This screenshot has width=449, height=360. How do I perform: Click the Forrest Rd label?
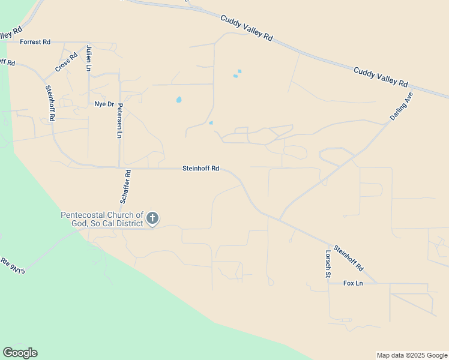35,42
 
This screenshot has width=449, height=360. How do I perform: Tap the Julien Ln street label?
89,58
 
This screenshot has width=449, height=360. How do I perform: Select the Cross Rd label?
67,63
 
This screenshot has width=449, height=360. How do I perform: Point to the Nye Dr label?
104,104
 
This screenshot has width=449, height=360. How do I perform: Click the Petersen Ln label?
120,121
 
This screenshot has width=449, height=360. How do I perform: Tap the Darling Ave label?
402,106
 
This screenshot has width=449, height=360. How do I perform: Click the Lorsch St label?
328,264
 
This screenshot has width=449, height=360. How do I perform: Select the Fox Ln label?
354,283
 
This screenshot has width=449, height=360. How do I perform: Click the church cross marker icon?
152,218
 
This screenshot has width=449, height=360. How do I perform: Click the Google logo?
20,353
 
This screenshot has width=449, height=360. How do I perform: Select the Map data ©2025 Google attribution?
412,355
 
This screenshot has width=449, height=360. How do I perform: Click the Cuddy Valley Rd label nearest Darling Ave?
381,77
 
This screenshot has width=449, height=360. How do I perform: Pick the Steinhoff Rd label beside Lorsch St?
349,257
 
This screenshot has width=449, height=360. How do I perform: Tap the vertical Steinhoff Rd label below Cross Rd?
50,103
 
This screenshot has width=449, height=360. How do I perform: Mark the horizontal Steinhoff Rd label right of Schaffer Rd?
200,169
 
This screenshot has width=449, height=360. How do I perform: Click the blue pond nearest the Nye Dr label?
179,100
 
